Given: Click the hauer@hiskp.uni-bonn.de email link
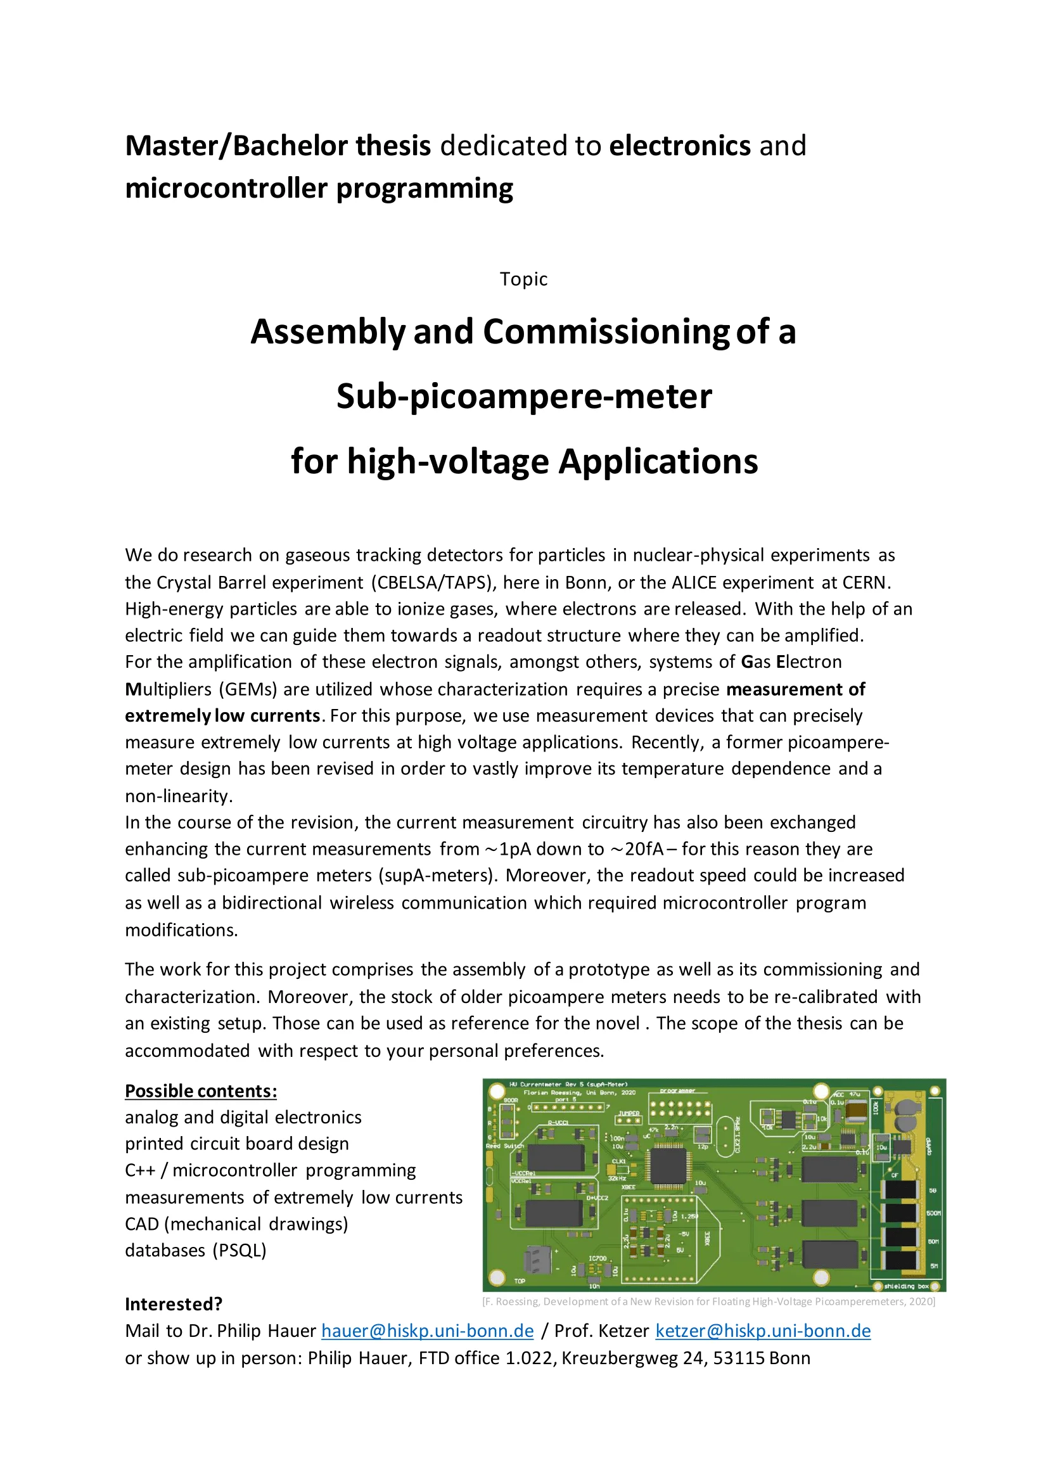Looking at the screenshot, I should pyautogui.click(x=427, y=1331).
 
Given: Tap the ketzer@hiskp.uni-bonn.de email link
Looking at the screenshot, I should pyautogui.click(x=763, y=1331).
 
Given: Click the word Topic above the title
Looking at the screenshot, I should pyautogui.click(x=523, y=279).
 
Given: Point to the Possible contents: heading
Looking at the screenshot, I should pyautogui.click(x=201, y=1091).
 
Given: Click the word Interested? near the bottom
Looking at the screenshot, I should pyautogui.click(x=174, y=1304).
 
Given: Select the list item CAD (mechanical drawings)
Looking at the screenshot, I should pyautogui.click(x=236, y=1224).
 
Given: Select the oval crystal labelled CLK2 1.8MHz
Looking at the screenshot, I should pyautogui.click(x=726, y=1134).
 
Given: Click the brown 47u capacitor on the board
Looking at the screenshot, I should pyautogui.click(x=857, y=1109).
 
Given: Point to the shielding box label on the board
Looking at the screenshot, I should pyautogui.click(x=906, y=1286).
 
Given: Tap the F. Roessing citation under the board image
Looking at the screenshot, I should pyautogui.click(x=708, y=1301).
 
